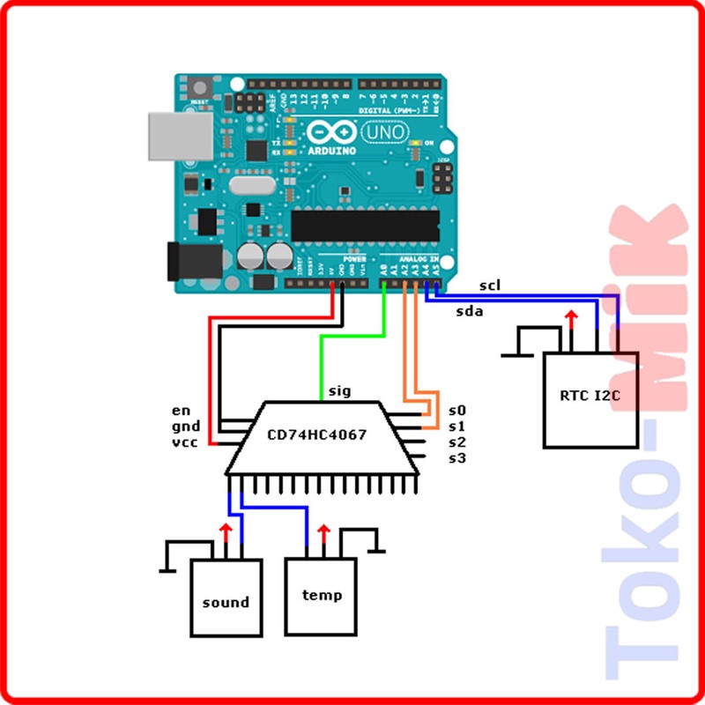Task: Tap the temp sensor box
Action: (x=321, y=596)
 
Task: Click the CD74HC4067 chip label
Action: (x=317, y=434)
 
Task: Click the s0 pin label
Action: (x=456, y=411)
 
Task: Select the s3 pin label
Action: (x=456, y=458)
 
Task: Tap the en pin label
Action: (x=182, y=411)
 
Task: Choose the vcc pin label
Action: (x=184, y=442)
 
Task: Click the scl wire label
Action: (x=490, y=286)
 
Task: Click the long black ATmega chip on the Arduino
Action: (x=364, y=225)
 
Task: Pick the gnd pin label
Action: (x=184, y=427)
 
